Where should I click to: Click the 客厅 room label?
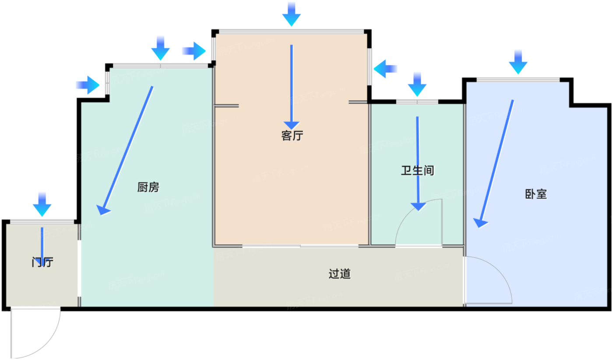[292, 136]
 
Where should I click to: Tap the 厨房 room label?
[148, 187]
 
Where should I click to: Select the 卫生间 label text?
[417, 170]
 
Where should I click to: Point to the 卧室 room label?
[536, 194]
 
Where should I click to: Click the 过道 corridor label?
[340, 274]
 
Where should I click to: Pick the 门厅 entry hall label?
[42, 263]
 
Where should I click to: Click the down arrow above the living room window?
[292, 14]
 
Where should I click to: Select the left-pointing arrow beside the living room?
[385, 69]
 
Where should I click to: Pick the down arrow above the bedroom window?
[518, 62]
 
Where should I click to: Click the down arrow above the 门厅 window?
[42, 204]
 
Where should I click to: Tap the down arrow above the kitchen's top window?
[160, 49]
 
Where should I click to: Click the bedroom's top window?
[518, 80]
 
